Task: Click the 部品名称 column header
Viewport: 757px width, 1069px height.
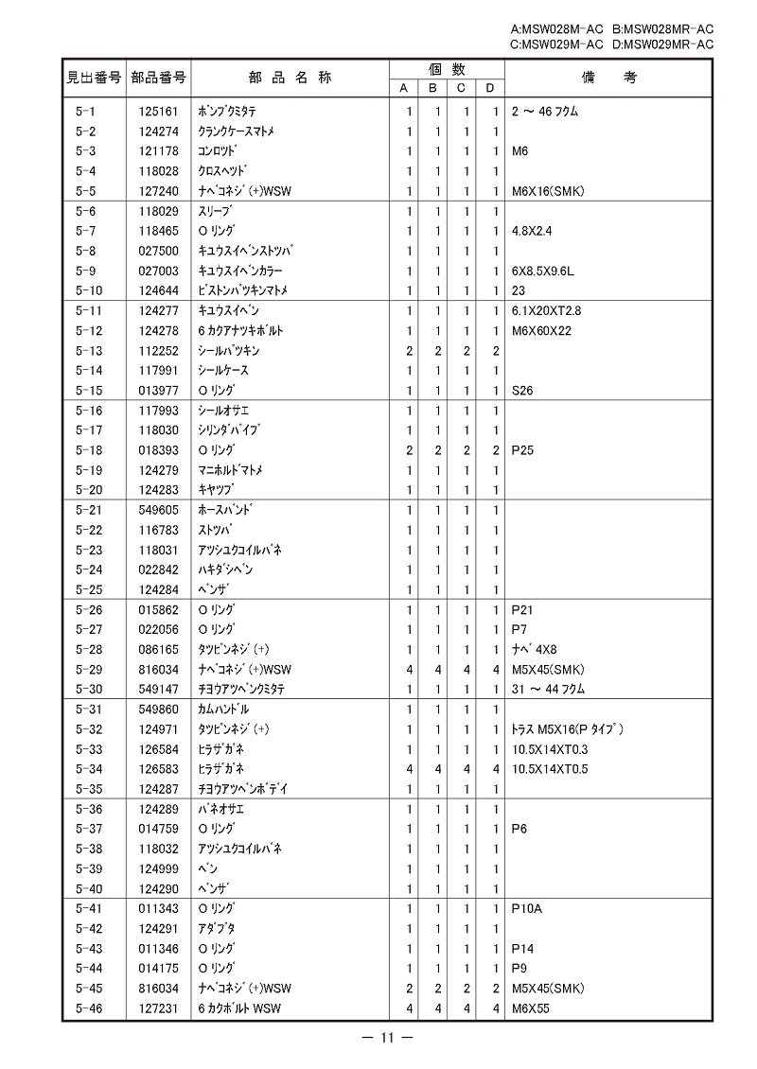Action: [290, 78]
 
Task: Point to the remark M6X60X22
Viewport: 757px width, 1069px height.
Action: [541, 331]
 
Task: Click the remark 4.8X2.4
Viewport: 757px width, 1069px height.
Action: [532, 231]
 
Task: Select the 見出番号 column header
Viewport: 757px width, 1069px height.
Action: [93, 78]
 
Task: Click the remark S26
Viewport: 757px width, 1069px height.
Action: [522, 391]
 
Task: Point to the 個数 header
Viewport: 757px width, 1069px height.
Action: [446, 69]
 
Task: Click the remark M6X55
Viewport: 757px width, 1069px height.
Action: [530, 1008]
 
